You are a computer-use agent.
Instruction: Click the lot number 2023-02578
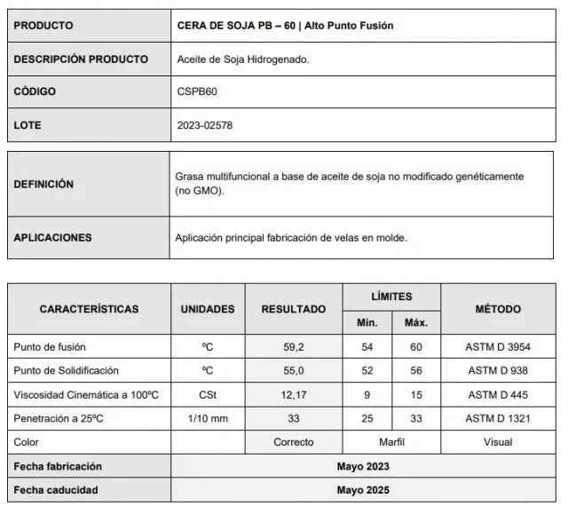pyautogui.click(x=205, y=125)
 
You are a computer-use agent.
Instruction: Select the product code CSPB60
pyautogui.click(x=196, y=91)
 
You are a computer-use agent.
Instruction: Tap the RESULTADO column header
pyautogui.click(x=293, y=309)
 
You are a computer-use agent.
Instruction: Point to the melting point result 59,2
pyautogui.click(x=293, y=346)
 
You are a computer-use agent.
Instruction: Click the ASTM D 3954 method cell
pyautogui.click(x=498, y=346)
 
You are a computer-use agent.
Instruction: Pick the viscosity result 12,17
pyautogui.click(x=293, y=394)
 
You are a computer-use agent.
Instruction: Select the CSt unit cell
pyautogui.click(x=208, y=394)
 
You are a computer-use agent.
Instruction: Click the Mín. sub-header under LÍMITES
pyautogui.click(x=367, y=322)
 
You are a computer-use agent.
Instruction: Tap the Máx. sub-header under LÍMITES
pyautogui.click(x=416, y=322)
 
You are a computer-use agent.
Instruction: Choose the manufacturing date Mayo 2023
pyautogui.click(x=363, y=466)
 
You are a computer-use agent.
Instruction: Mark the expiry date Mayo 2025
pyautogui.click(x=363, y=489)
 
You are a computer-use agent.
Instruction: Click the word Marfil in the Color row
pyautogui.click(x=391, y=442)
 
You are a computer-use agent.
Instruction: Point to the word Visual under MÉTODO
pyautogui.click(x=498, y=442)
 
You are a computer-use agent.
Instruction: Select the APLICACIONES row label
pyautogui.click(x=52, y=238)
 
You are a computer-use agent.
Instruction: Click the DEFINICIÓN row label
pyautogui.click(x=43, y=184)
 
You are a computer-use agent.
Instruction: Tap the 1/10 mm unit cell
pyautogui.click(x=208, y=418)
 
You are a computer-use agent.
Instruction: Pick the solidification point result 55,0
pyautogui.click(x=293, y=370)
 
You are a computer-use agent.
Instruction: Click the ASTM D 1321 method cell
pyautogui.click(x=498, y=418)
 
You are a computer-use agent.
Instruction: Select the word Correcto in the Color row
pyautogui.click(x=293, y=442)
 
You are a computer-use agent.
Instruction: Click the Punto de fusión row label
pyautogui.click(x=50, y=346)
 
